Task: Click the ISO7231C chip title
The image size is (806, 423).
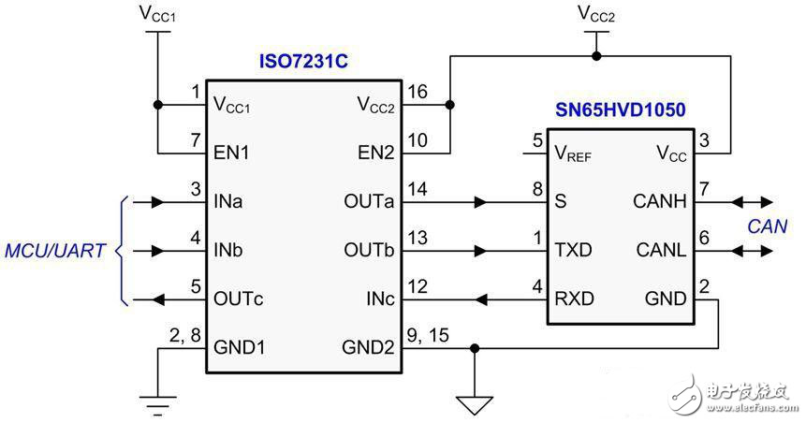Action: (303, 61)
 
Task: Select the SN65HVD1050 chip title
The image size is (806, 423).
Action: (621, 109)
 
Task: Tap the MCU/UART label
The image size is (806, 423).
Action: (55, 251)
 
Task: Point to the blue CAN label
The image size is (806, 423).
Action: (767, 226)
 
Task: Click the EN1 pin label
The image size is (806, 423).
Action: (231, 153)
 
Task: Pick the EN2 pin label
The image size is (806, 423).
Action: (375, 153)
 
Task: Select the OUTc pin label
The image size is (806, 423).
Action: (239, 299)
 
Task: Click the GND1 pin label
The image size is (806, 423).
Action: (239, 348)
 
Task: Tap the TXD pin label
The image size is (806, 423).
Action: (573, 250)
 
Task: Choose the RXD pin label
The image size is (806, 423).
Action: (574, 299)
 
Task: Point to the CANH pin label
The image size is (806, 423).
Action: (660, 201)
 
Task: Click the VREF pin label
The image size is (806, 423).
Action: (573, 153)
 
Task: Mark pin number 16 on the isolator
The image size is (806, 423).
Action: (417, 92)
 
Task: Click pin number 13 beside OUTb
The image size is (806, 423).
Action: (417, 238)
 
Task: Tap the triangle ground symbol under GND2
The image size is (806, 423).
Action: (474, 405)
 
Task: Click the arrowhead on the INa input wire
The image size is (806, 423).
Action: (158, 202)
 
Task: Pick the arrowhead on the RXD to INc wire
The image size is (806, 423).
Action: (480, 299)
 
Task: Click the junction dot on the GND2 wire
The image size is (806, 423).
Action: (475, 349)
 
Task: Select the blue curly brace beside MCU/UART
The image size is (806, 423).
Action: (123, 251)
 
